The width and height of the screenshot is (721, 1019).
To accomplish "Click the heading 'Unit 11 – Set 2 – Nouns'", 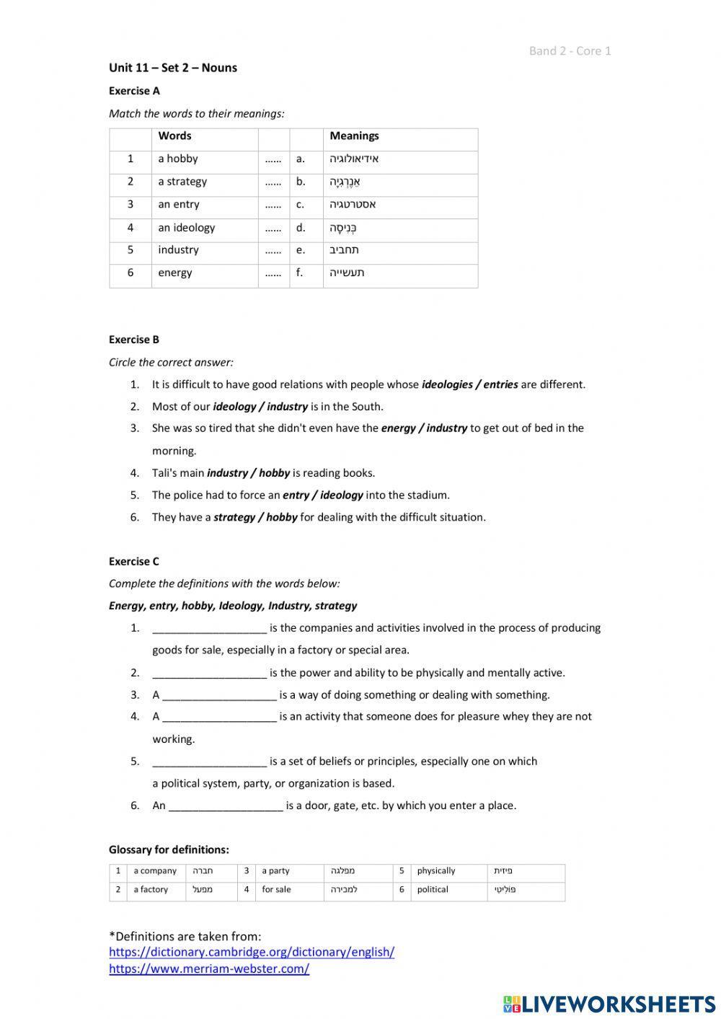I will tap(172, 68).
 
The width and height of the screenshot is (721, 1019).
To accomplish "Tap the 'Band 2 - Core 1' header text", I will tap(570, 50).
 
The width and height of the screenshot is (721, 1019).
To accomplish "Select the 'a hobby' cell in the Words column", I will tap(177, 159).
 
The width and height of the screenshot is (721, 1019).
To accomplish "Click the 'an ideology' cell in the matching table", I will tap(186, 228).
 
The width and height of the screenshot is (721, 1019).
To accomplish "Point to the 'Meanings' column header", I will tap(354, 136).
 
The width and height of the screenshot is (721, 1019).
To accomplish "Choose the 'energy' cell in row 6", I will tap(175, 273).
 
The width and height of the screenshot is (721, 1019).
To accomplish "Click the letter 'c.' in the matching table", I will tap(300, 204).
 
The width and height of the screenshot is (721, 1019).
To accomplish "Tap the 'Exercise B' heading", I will tap(134, 340).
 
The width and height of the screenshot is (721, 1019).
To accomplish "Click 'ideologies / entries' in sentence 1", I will tap(469, 384).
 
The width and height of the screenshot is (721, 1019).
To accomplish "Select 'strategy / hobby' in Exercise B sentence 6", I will tap(255, 517).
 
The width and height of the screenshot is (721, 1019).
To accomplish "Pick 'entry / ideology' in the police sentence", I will tap(322, 495).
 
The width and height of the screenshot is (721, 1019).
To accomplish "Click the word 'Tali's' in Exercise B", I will tap(165, 473).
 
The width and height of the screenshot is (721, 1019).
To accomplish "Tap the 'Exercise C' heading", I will tap(134, 561).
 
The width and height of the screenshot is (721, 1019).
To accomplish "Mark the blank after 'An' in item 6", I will tap(225, 806).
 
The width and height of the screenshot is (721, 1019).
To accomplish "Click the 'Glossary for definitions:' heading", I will tap(169, 850).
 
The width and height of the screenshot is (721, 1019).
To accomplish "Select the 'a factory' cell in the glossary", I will tap(151, 890).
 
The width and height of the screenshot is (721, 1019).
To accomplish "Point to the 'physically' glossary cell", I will tap(435, 871).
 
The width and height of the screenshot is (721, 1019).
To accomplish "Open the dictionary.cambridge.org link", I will tap(252, 952).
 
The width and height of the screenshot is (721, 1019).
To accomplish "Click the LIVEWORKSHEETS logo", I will tap(609, 1003).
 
